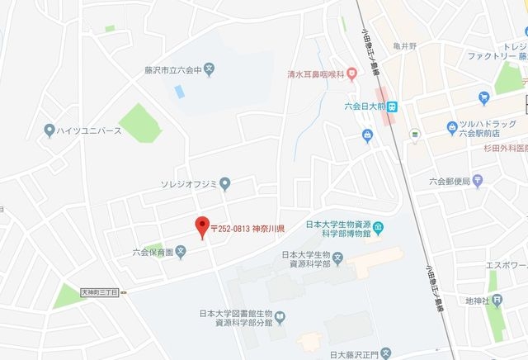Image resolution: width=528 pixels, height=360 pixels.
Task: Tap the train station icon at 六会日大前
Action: tap(394, 107)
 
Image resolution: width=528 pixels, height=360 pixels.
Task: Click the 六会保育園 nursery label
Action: tap(155, 253)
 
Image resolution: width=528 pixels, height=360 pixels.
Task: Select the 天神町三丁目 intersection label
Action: tap(100, 292)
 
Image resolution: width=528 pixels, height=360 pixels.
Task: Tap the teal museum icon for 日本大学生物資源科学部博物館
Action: tap(378, 228)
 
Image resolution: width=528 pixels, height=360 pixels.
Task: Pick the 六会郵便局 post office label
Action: tap(450, 182)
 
